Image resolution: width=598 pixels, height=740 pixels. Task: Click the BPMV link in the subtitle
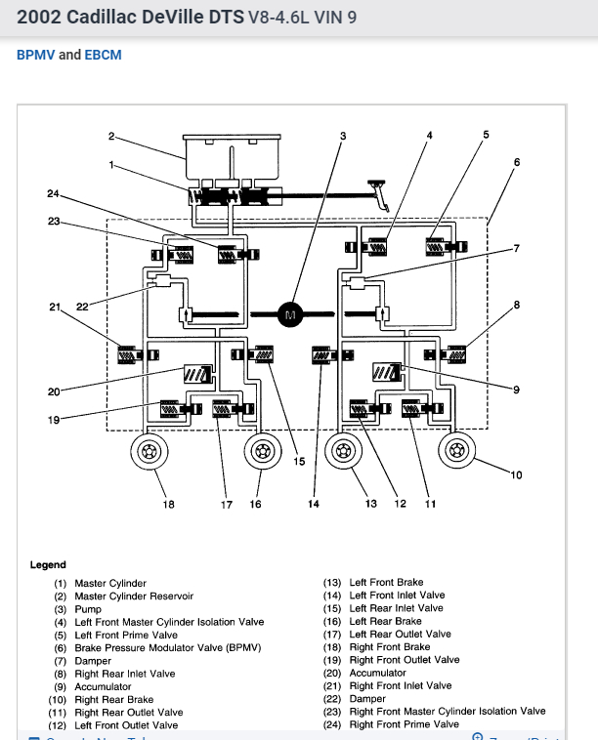tap(35, 55)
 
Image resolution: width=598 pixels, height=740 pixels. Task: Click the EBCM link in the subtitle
tap(104, 55)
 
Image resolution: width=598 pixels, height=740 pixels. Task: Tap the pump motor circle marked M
tap(289, 313)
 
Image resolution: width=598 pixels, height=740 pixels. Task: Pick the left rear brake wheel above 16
tap(261, 452)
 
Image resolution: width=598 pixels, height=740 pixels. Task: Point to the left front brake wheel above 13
tap(343, 452)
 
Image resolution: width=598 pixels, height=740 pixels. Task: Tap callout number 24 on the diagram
tap(53, 194)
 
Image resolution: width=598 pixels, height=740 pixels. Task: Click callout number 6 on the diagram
tap(517, 162)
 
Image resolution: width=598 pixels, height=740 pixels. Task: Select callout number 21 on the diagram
tap(55, 308)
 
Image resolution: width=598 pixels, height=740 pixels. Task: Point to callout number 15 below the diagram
tap(299, 462)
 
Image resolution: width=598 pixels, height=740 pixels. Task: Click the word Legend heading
tap(48, 564)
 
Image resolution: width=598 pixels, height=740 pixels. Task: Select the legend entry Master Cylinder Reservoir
tap(134, 596)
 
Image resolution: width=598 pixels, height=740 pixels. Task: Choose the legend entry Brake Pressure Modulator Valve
tap(168, 647)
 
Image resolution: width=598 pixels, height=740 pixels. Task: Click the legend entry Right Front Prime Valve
tap(404, 724)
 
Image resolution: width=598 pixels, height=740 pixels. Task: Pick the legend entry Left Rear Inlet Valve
tap(396, 608)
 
